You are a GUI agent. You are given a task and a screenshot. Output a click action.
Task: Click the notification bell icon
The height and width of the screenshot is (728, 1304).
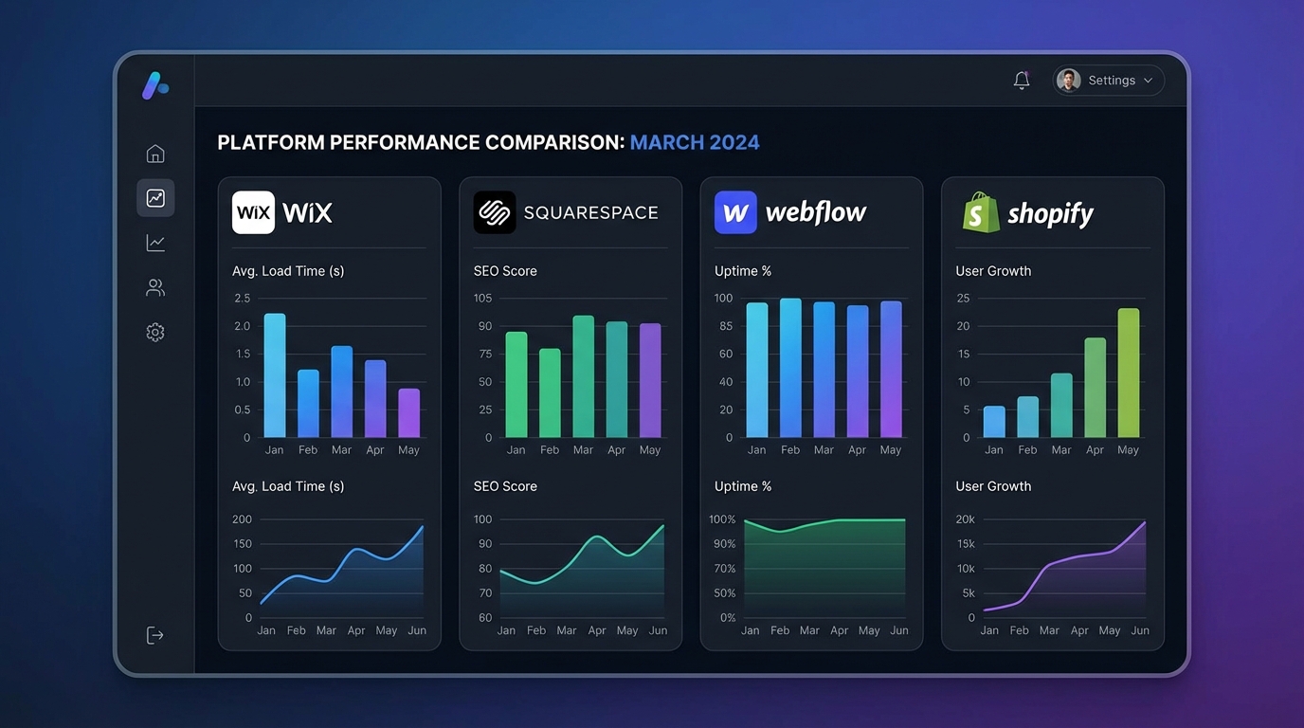click(x=1022, y=81)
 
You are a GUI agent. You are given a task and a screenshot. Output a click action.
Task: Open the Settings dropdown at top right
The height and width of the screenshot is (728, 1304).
click(x=1109, y=81)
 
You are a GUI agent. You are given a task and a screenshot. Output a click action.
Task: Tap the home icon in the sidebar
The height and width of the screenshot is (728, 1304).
click(x=155, y=154)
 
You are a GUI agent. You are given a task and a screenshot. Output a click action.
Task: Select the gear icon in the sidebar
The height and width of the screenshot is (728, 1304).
click(x=155, y=333)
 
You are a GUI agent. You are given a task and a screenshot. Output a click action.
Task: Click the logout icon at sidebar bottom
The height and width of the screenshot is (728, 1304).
click(x=155, y=635)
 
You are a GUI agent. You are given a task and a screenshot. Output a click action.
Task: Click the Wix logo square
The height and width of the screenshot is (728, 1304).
click(x=253, y=212)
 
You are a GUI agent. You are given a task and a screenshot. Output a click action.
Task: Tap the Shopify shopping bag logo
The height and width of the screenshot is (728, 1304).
click(x=981, y=212)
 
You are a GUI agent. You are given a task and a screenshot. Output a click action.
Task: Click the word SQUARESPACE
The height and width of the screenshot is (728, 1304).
click(x=590, y=213)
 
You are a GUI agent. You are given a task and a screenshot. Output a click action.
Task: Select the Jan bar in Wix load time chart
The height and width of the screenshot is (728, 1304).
click(x=275, y=375)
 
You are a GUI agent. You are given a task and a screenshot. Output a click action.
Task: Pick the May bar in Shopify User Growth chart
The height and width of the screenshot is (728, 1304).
click(x=1128, y=373)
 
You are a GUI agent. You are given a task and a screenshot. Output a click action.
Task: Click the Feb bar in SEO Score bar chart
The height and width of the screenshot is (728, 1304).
click(x=550, y=392)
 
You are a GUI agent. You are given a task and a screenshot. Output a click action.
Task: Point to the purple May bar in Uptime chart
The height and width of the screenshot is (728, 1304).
click(x=891, y=369)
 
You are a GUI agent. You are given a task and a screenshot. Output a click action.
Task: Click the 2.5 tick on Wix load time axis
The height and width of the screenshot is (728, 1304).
click(x=242, y=299)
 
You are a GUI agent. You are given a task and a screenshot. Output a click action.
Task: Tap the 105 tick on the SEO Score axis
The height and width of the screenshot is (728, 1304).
click(x=482, y=299)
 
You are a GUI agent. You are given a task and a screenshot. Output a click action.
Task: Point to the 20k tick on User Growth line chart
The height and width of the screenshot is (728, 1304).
click(x=965, y=519)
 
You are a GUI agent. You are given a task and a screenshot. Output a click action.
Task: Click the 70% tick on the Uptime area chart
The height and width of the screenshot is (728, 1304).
click(x=724, y=569)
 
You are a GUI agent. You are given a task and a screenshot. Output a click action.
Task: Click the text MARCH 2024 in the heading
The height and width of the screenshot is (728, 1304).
click(x=695, y=143)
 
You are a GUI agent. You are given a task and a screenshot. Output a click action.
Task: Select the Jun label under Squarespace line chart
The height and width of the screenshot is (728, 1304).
click(x=658, y=630)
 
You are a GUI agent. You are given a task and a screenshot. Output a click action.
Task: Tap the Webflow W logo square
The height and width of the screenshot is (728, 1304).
click(x=735, y=212)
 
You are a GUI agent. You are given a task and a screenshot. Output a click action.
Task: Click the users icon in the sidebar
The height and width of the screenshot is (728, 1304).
click(x=155, y=287)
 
